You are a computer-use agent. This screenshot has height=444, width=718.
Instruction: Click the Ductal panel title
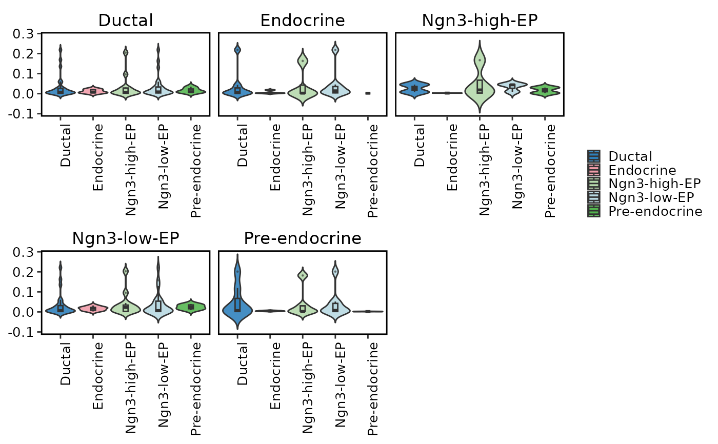(126, 21)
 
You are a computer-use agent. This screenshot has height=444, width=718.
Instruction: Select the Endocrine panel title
(303, 21)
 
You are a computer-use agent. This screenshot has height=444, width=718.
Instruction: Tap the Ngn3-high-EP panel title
(480, 21)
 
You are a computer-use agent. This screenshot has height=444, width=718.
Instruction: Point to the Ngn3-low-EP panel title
(126, 238)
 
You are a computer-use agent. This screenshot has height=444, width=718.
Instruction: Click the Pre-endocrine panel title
(303, 238)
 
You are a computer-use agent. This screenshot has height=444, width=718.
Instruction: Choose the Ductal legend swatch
(594, 156)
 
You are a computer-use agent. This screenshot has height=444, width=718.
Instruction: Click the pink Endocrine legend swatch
(594, 170)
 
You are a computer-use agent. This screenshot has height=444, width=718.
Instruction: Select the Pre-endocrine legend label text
(655, 211)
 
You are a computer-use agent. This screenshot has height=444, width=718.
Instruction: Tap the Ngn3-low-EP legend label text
(651, 198)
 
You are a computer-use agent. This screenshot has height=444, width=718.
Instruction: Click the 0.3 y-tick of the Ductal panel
(23, 34)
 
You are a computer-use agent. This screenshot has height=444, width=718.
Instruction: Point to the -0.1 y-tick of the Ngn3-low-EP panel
(21, 332)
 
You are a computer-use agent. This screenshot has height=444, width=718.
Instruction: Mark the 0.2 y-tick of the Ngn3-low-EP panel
(23, 272)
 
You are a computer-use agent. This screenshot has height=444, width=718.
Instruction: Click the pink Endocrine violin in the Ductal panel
(93, 91)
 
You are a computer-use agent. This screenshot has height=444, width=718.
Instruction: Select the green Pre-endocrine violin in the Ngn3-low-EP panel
(191, 307)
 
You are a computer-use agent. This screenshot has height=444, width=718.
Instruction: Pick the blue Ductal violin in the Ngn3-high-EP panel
(414, 88)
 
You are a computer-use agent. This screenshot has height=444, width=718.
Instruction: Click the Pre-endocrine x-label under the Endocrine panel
(373, 171)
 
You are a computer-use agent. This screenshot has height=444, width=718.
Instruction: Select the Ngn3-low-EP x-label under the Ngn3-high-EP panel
(517, 167)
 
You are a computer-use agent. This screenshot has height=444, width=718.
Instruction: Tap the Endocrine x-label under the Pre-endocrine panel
(275, 376)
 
